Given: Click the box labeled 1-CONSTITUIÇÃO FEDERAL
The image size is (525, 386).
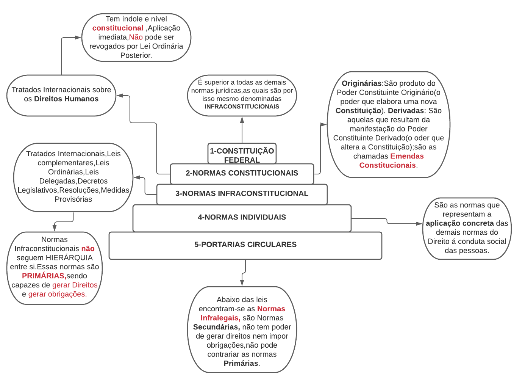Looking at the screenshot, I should (x=242, y=155).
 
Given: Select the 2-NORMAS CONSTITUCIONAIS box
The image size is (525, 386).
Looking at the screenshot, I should (x=242, y=173).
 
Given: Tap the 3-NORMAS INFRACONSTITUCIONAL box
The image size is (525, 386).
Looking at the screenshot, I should (x=242, y=194).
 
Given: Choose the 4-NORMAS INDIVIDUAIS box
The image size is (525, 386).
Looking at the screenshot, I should (x=242, y=217).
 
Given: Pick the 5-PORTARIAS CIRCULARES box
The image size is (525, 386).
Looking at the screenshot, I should (x=245, y=245).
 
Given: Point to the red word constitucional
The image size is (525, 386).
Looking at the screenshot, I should (x=118, y=28).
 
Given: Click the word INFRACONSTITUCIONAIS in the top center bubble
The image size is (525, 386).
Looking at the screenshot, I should (x=242, y=107).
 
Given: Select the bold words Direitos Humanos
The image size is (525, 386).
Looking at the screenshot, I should (x=66, y=99).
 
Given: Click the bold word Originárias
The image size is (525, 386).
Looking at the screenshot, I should (x=361, y=83).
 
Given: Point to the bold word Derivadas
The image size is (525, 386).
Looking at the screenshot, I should (x=406, y=111).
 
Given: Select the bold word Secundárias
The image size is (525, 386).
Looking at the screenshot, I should (x=216, y=327).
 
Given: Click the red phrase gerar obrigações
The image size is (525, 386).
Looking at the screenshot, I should (x=58, y=294).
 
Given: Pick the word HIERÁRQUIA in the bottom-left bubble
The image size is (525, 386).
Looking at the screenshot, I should (x=69, y=258).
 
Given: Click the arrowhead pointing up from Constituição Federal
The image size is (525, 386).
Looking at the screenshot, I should (x=242, y=120).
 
